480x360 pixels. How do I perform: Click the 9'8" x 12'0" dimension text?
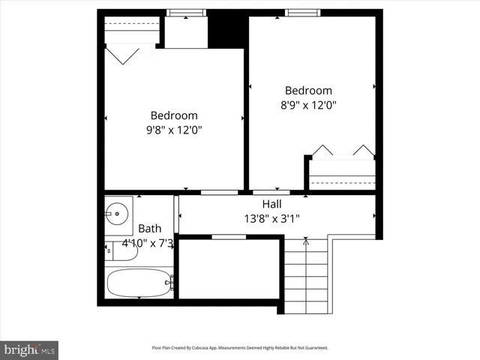(x=174, y=130)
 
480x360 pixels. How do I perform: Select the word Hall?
(x=271, y=204)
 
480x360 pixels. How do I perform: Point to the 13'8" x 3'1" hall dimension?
(x=271, y=218)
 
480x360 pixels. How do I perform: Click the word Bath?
(x=149, y=229)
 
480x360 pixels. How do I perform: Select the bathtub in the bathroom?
(x=139, y=283)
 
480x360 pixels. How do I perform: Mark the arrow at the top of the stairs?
(x=305, y=241)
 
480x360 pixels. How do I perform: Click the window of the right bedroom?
(x=301, y=12)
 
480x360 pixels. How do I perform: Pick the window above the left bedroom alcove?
(x=186, y=12)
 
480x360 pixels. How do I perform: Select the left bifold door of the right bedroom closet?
(x=322, y=150)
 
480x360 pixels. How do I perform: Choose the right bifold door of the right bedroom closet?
(x=364, y=150)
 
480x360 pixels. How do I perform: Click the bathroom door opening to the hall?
(x=176, y=214)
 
